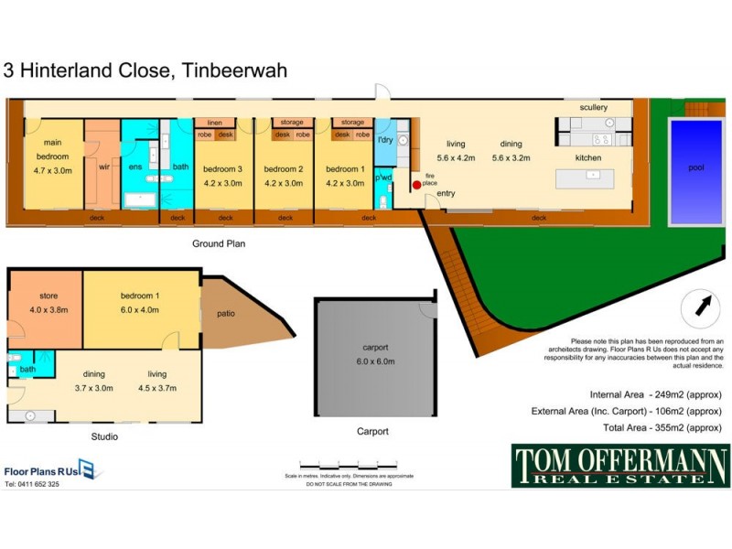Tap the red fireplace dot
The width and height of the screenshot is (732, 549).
coord(415,185)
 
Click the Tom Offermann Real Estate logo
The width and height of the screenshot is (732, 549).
coord(619,465)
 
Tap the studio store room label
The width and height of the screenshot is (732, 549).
coord(48,296)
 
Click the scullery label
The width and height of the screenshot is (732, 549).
coord(593,108)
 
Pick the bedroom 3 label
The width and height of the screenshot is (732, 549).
coord(222,169)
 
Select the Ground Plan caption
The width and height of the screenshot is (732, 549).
coord(218,244)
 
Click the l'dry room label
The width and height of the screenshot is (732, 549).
coord(385,140)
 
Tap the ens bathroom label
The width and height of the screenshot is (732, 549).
coord(135,167)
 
